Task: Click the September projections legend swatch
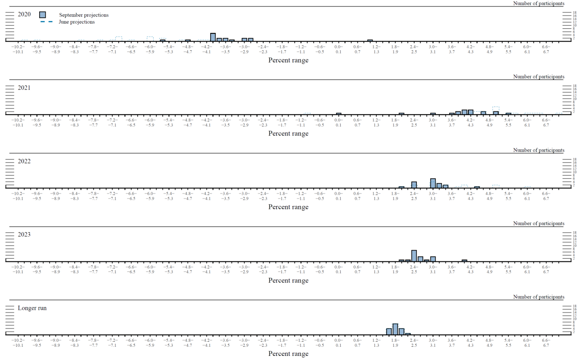tap(42, 15)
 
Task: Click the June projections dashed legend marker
tap(47, 22)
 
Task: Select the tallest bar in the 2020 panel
tap(213, 37)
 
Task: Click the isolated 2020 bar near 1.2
tap(370, 40)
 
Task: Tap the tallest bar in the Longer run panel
tap(395, 329)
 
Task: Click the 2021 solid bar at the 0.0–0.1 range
tap(338, 114)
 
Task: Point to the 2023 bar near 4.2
tap(464, 261)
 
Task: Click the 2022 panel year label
tap(24, 161)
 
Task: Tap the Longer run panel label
tap(32, 308)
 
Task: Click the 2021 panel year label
tap(24, 88)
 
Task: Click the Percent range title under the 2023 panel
tap(288, 281)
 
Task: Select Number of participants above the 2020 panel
tap(539, 3)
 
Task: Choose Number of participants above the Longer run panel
tap(539, 297)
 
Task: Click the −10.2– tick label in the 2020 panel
tap(18, 47)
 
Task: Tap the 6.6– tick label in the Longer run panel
tap(545, 340)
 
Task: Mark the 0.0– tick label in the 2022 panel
tap(338, 193)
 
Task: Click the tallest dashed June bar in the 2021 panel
tap(496, 110)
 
